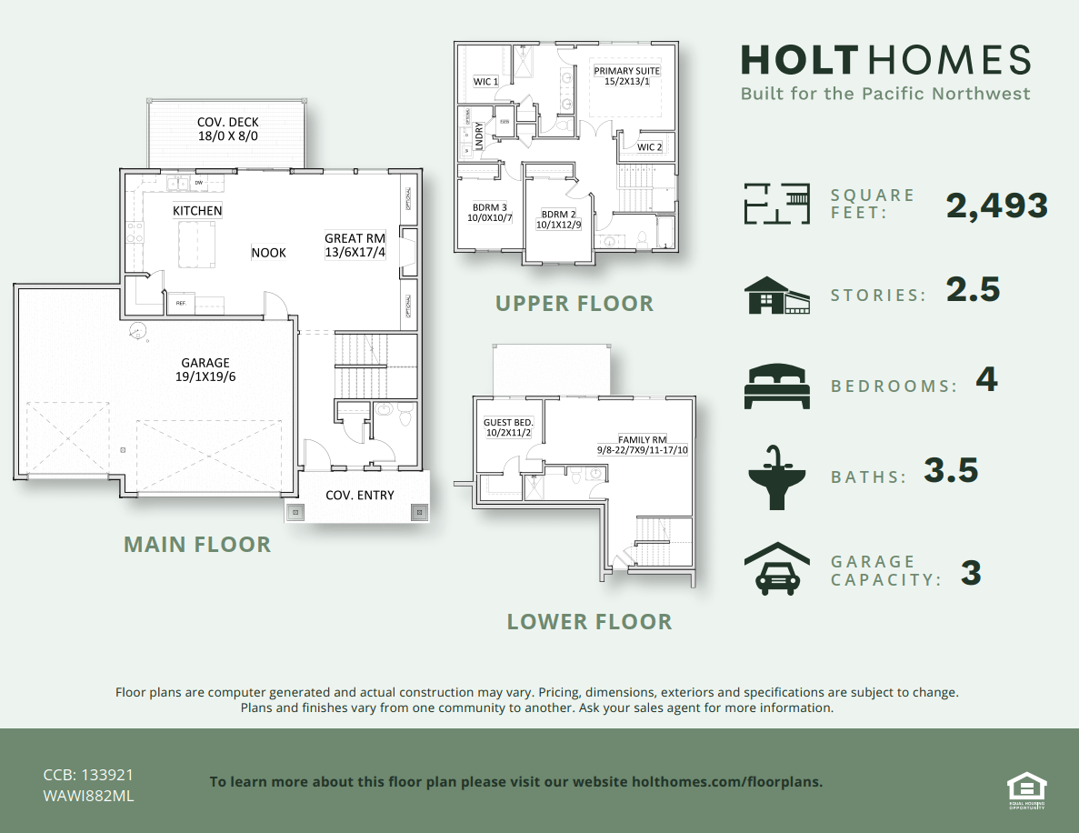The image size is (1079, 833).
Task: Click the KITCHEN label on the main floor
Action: (x=197, y=211)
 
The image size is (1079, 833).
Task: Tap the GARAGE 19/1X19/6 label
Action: (x=205, y=369)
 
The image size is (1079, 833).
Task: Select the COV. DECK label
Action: (x=228, y=129)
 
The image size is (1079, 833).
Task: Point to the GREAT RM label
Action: (x=355, y=246)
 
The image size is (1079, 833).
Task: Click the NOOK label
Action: (x=269, y=253)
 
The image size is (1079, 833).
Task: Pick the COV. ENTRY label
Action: (x=360, y=496)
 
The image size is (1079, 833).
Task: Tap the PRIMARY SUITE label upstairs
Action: (x=627, y=76)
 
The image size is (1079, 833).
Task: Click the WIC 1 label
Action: (x=486, y=82)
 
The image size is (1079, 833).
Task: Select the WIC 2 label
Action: (x=649, y=147)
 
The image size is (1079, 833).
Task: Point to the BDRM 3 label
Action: (x=490, y=212)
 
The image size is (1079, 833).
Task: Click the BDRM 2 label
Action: (x=559, y=219)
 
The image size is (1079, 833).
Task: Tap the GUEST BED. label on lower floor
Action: (x=508, y=427)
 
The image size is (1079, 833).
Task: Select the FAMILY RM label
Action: (x=643, y=445)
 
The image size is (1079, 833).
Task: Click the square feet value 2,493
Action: (x=997, y=206)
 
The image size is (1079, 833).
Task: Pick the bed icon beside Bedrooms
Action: (x=776, y=386)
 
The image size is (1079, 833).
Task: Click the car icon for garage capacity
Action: (x=776, y=568)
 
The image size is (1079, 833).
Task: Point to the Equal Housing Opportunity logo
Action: (x=1026, y=788)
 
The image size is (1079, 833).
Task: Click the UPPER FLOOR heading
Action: (x=574, y=304)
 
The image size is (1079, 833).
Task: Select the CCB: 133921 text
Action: (x=89, y=776)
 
